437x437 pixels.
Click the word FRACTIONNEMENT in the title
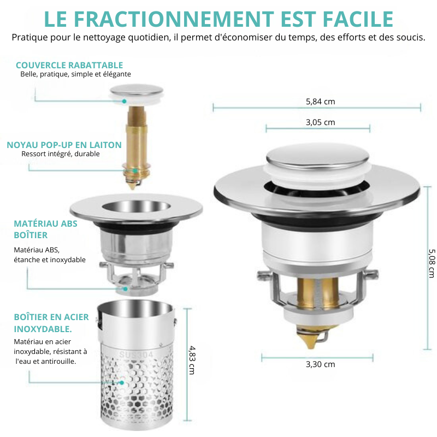174,19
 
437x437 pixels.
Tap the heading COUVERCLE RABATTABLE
69,65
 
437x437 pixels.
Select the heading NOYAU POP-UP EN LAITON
64,145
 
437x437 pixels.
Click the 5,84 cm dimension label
320,102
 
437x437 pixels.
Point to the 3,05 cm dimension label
320,122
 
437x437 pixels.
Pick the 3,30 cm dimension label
320,364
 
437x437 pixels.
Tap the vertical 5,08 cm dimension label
431,263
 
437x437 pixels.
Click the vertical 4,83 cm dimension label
192,360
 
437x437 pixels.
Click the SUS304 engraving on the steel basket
136,355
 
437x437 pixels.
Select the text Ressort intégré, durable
61,154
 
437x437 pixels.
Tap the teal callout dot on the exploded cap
125,101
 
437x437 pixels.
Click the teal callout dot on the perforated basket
121,383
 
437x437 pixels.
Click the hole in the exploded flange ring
136,206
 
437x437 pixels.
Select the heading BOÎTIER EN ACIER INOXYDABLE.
51,323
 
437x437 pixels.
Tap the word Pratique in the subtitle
29,37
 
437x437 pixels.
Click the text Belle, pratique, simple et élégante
75,74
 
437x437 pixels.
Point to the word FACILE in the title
358,19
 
